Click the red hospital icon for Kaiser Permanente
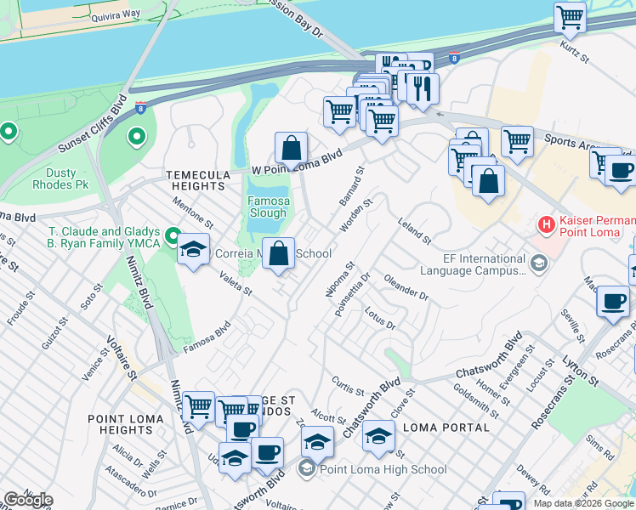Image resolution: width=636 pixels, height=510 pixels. pos(547,225)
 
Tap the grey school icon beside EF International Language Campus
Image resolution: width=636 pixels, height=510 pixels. pos(537,265)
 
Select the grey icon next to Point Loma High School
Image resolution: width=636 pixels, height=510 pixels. pos(306,469)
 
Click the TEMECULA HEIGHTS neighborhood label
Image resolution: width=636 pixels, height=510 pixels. pos(198,180)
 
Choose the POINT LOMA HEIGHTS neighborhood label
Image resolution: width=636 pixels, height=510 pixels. pos(125,425)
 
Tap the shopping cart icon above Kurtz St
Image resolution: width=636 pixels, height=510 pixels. pos(570,16)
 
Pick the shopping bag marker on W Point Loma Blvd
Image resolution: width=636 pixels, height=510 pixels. pos(291,148)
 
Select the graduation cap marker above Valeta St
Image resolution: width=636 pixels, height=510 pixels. pos(194,250)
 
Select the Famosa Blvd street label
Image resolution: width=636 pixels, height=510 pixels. pos(207,337)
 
